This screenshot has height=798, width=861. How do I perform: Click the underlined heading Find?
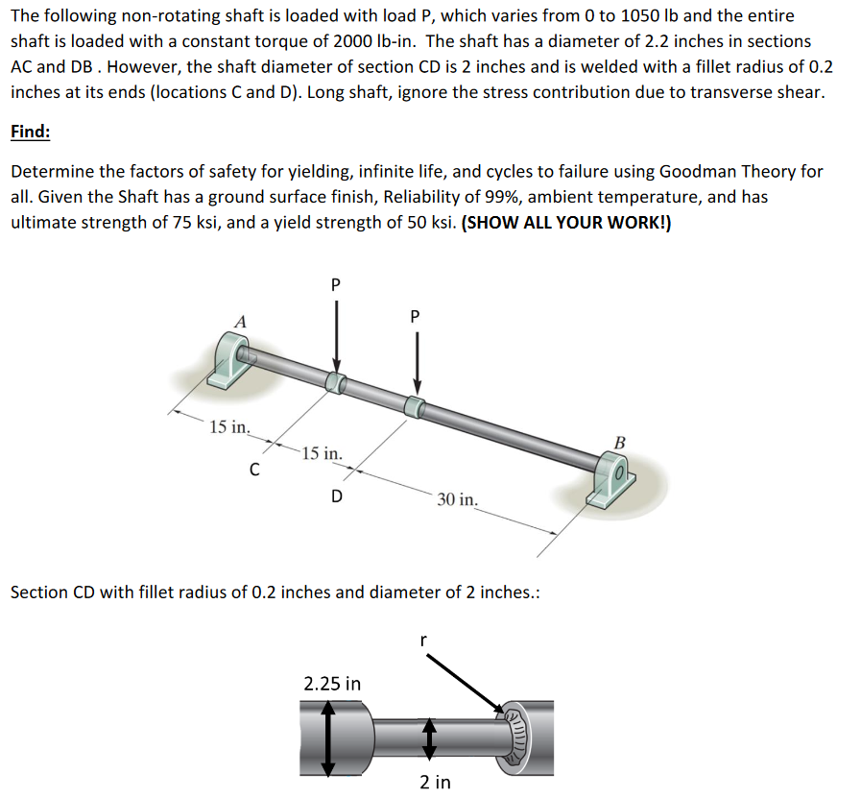(30, 132)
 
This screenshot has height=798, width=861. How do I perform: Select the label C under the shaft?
(254, 471)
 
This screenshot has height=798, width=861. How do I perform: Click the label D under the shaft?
(335, 496)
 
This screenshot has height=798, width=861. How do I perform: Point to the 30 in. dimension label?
(457, 499)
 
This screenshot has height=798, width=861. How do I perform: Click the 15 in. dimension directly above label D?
(320, 453)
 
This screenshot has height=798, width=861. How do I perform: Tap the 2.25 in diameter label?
(332, 684)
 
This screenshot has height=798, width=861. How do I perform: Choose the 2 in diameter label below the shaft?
(435, 782)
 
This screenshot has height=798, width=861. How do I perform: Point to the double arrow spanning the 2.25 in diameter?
(328, 736)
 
